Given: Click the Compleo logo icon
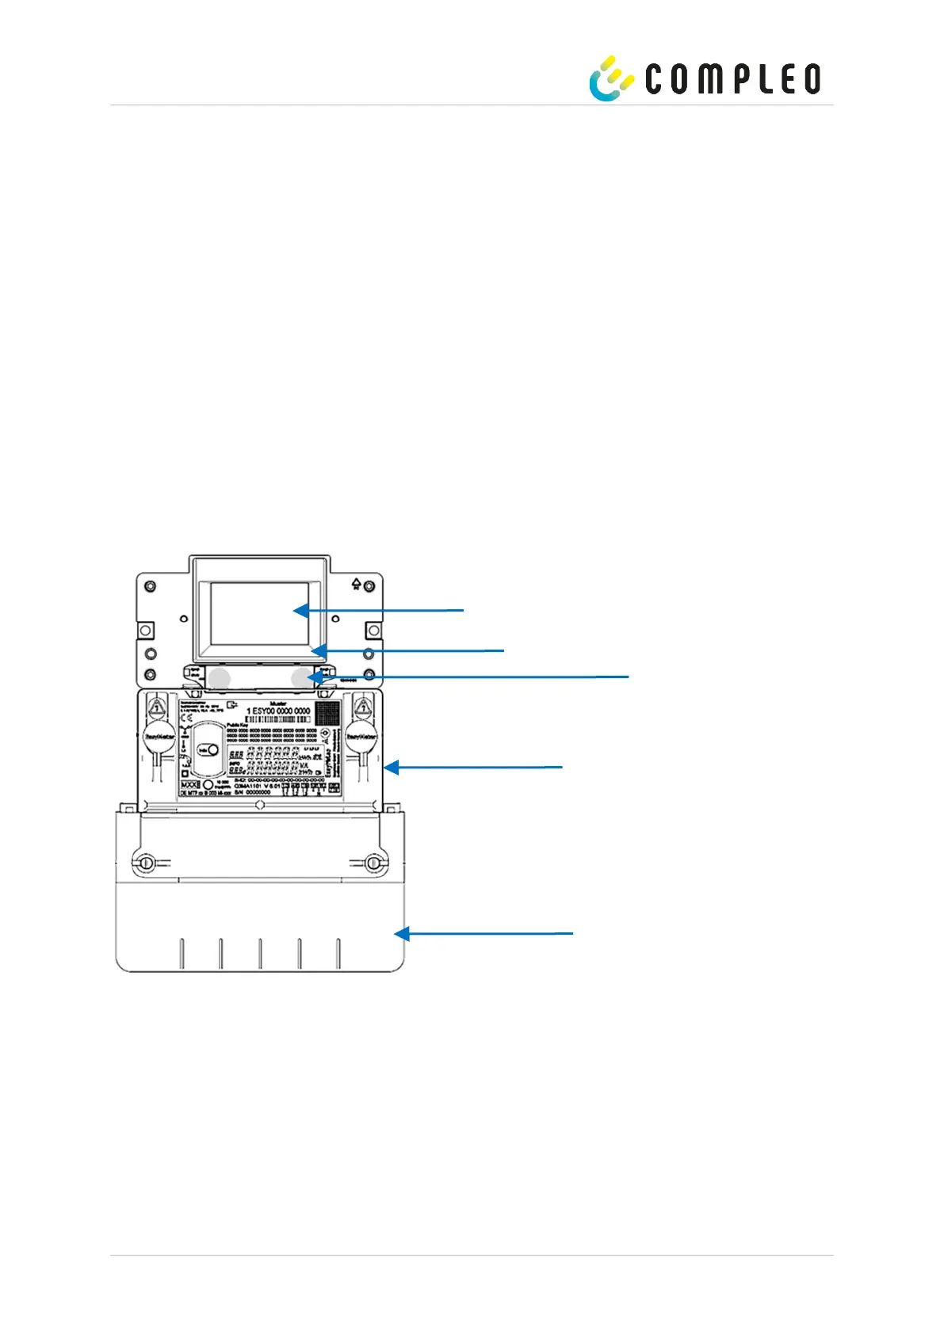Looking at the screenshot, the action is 610,78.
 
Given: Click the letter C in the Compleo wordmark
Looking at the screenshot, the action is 658,79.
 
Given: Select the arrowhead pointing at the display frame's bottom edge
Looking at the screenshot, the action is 318,651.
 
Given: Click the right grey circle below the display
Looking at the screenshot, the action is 301,677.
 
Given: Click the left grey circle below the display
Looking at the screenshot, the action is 219,677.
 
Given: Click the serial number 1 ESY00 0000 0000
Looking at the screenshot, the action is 278,711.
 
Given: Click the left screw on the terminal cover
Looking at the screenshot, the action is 144,862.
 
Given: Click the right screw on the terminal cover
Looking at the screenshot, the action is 375,862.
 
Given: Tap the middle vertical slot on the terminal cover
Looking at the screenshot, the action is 260,954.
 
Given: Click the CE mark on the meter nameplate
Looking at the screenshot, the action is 186,719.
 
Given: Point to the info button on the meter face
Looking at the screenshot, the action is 210,749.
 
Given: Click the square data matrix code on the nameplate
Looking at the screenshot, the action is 327,712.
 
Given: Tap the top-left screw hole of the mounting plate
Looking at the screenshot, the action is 150,587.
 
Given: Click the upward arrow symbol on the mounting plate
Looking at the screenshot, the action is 357,585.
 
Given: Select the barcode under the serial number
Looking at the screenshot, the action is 278,720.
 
